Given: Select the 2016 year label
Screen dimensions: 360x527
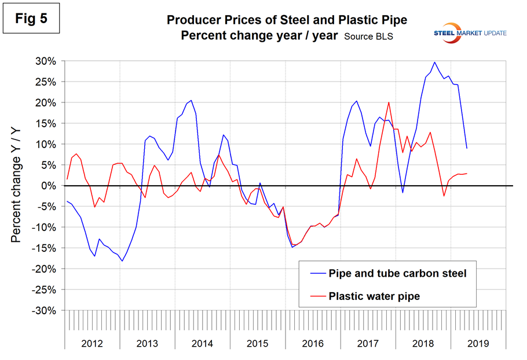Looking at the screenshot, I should click(313, 343).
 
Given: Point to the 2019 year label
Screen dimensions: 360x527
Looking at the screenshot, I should click(478, 343).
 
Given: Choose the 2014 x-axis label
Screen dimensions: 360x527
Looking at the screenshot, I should click(202, 343).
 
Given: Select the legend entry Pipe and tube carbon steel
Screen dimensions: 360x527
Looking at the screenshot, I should click(397, 273).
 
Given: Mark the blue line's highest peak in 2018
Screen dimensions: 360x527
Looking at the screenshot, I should click(434, 62).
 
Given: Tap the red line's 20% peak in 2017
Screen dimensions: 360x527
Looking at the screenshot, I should click(388, 102).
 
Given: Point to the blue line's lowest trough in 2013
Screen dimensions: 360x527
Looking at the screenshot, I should click(122, 261).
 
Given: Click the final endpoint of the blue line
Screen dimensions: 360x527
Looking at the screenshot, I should click(467, 148).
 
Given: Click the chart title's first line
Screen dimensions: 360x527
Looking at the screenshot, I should click(287, 20).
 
